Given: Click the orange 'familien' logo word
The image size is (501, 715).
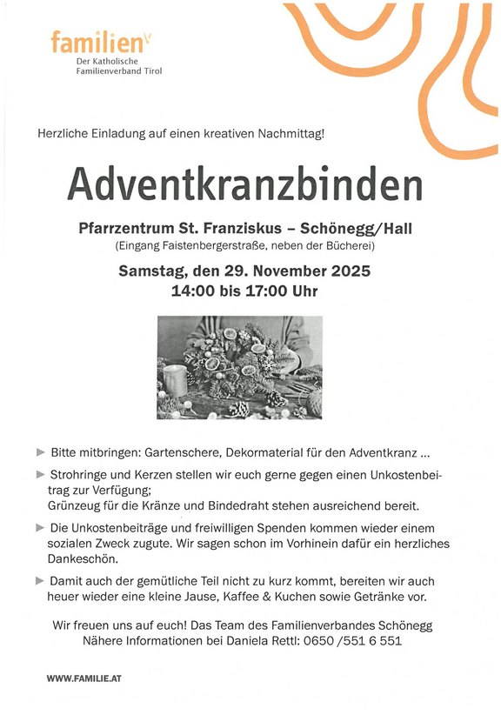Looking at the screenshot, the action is coord(87,41).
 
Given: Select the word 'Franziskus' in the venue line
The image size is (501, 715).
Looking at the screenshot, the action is coord(244,229).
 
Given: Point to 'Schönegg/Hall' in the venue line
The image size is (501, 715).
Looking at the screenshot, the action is coord(356,229).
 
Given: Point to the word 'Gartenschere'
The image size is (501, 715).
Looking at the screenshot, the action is coord(170,453).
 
